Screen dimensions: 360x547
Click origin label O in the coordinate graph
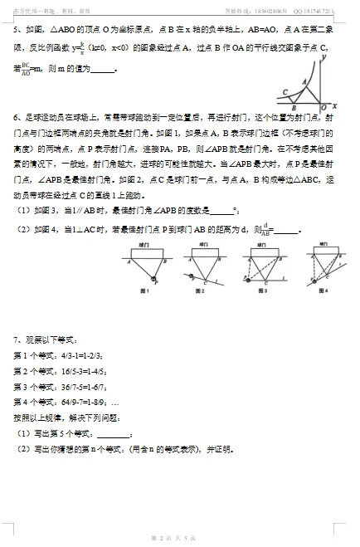coord(323,109)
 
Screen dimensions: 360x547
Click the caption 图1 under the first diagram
coord(144,291)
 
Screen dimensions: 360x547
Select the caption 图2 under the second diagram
coord(201,291)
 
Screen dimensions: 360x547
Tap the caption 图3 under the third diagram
coord(260,291)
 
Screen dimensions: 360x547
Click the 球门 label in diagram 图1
coord(144,247)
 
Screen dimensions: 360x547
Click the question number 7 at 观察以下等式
coord(16,339)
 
